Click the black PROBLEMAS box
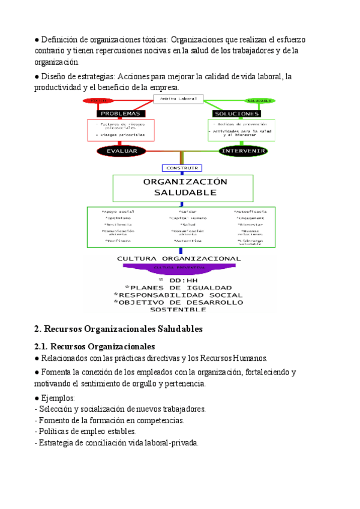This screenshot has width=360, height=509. tap(121, 113)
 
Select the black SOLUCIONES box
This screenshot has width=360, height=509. tap(236, 113)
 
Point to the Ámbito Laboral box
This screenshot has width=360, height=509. tap(179, 98)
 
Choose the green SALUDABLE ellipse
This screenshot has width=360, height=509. tap(259, 101)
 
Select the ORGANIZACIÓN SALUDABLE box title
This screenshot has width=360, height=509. tap(185, 187)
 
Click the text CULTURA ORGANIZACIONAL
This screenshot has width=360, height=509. tap(179, 259)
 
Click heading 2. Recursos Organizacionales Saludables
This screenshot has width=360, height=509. tap(119, 329)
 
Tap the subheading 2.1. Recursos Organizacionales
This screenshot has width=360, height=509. tap(95, 346)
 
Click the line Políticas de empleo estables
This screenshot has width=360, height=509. tap(86, 431)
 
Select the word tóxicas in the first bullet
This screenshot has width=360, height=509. tap(155, 40)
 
